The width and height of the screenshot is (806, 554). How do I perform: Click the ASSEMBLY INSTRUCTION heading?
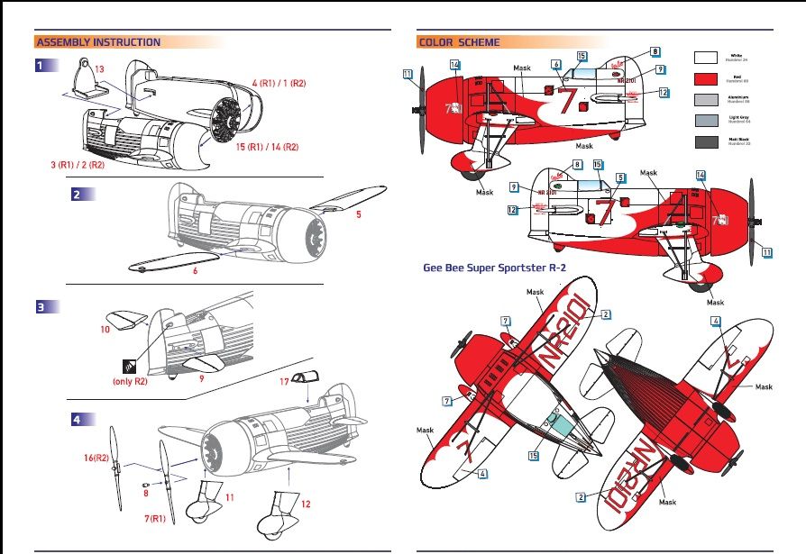tap(97, 42)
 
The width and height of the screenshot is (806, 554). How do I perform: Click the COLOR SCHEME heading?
tap(458, 42)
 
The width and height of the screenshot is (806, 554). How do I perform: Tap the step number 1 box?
tap(40, 66)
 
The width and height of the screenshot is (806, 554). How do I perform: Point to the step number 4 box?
tap(78, 419)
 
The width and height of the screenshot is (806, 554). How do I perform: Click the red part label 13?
tap(100, 69)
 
